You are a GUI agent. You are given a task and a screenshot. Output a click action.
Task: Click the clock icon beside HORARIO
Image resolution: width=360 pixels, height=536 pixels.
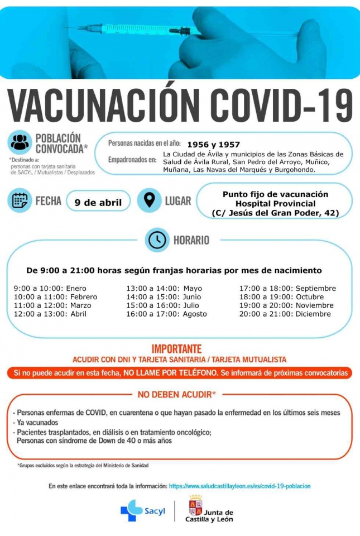pos(157,240)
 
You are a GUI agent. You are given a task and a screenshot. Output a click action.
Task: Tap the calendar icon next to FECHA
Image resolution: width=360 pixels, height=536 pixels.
pos(20,201)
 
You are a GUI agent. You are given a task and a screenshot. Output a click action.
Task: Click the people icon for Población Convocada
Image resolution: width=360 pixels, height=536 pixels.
pos(20,142)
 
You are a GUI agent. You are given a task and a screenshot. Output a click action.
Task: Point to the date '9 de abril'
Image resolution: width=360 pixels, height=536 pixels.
pos(98,202)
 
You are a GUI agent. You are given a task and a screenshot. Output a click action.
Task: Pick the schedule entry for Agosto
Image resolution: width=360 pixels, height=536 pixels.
pos(166,314)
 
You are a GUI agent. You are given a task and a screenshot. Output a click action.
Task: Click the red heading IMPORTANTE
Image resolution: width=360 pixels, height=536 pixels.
pos(180,347)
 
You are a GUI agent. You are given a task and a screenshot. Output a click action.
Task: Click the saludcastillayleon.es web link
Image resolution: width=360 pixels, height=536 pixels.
pos(239,486)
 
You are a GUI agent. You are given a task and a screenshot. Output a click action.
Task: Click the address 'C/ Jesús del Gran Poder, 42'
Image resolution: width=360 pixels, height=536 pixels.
pos(276,213)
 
